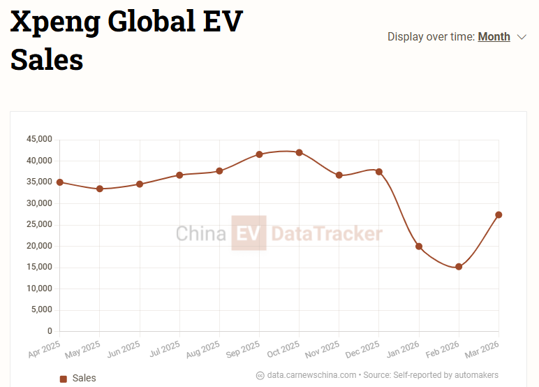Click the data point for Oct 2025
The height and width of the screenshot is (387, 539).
pyautogui.click(x=299, y=152)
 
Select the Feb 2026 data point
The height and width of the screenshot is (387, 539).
pyautogui.click(x=459, y=267)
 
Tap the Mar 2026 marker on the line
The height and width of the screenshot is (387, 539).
pyautogui.click(x=499, y=214)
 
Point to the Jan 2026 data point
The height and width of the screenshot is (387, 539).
pyautogui.click(x=419, y=247)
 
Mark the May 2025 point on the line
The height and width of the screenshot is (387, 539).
pyautogui.click(x=100, y=189)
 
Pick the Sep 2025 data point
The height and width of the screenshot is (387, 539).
pyautogui.click(x=259, y=154)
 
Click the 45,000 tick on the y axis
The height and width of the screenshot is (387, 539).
pyautogui.click(x=39, y=140)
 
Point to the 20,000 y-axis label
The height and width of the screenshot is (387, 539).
pyautogui.click(x=39, y=246)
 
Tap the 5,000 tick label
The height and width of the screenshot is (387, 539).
pyautogui.click(x=41, y=309)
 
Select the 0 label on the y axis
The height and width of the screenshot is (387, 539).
pyautogui.click(x=50, y=331)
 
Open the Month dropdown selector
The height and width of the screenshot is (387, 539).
pyautogui.click(x=494, y=36)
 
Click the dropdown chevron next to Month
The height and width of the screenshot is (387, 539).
pyautogui.click(x=522, y=37)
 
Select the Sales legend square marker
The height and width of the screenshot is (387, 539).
pyautogui.click(x=64, y=379)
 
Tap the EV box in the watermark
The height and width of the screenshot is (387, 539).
pyautogui.click(x=249, y=233)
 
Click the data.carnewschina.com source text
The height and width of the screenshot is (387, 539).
pyautogui.click(x=311, y=375)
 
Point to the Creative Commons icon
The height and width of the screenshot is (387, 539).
pyautogui.click(x=260, y=375)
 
